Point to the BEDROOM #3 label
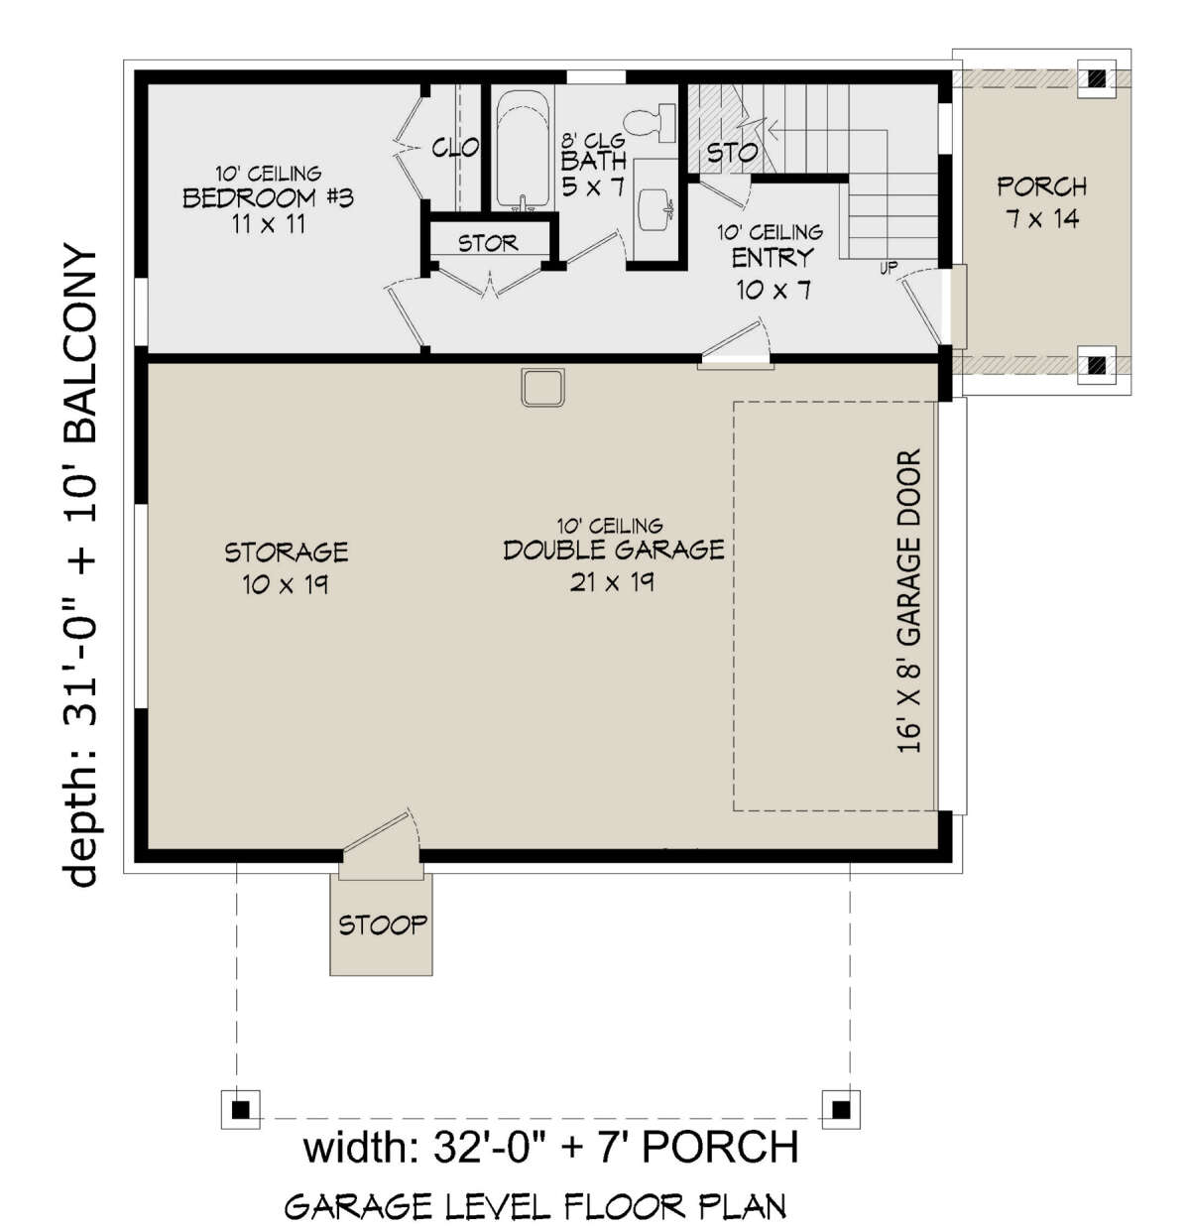pyautogui.click(x=268, y=198)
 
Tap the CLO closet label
pyautogui.click(x=455, y=148)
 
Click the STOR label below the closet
pyautogui.click(x=488, y=242)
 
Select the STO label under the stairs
pyautogui.click(x=732, y=153)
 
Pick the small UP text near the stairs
pyautogui.click(x=889, y=268)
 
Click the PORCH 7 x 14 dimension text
pyautogui.click(x=1041, y=219)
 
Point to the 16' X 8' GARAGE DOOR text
pyautogui.click(x=908, y=601)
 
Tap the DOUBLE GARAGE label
pyautogui.click(x=613, y=550)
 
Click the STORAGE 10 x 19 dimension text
pyautogui.click(x=286, y=584)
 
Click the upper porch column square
pyautogui.click(x=1097, y=78)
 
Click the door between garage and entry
pyautogui.click(x=735, y=346)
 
